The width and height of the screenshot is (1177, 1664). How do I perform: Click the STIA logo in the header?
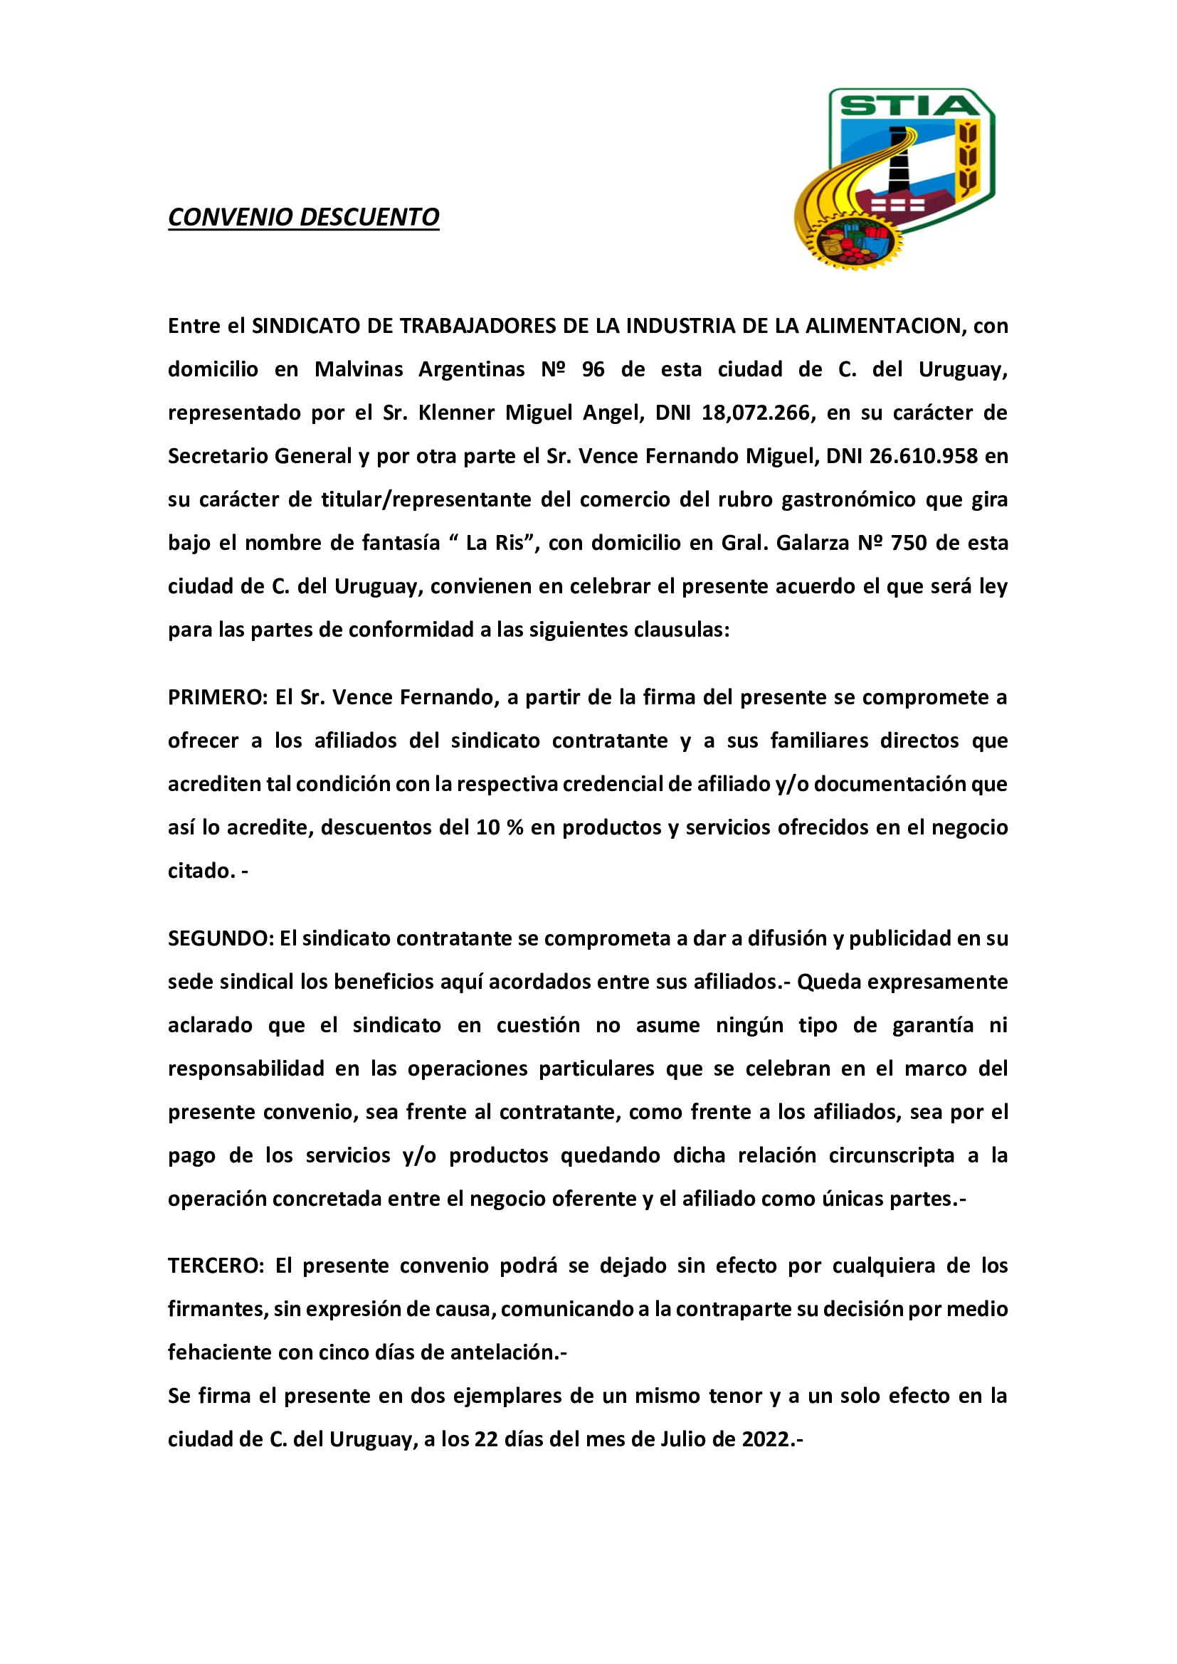tap(895, 179)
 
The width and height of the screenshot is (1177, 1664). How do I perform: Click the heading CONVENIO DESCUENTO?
tap(304, 218)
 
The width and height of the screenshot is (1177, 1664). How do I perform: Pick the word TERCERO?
tap(213, 1266)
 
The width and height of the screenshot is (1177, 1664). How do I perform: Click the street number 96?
tap(593, 370)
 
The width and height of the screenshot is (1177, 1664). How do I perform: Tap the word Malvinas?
tap(358, 370)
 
